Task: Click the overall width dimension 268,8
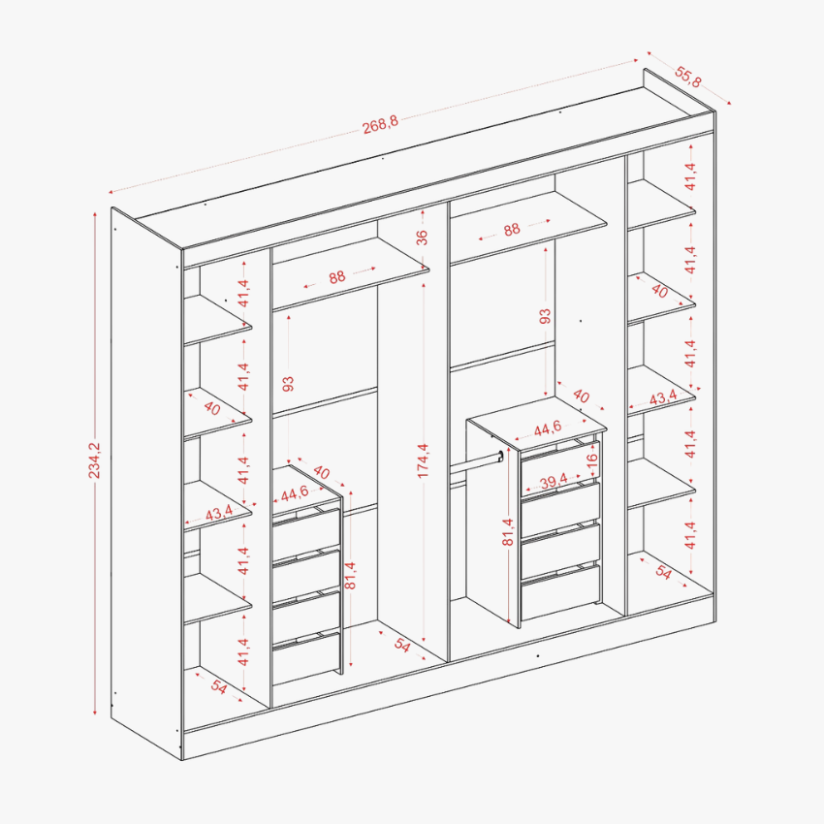(x=380, y=124)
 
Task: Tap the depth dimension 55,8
(x=687, y=77)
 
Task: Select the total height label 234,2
(x=94, y=460)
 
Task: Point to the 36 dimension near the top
(x=422, y=238)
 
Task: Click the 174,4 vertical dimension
(x=423, y=460)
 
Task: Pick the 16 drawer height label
(x=591, y=459)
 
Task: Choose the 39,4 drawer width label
(x=554, y=480)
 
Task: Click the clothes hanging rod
(x=476, y=463)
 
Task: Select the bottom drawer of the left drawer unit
(x=306, y=658)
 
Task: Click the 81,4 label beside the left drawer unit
(x=351, y=576)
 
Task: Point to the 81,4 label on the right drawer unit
(x=508, y=532)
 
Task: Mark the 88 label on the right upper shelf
(x=511, y=229)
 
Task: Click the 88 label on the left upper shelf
(x=336, y=277)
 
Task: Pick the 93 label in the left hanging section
(x=288, y=384)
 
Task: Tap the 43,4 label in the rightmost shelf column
(x=663, y=397)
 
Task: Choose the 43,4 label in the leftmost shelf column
(x=219, y=513)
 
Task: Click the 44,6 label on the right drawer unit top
(x=548, y=428)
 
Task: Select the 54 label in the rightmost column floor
(x=663, y=572)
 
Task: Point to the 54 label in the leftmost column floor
(x=219, y=686)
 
